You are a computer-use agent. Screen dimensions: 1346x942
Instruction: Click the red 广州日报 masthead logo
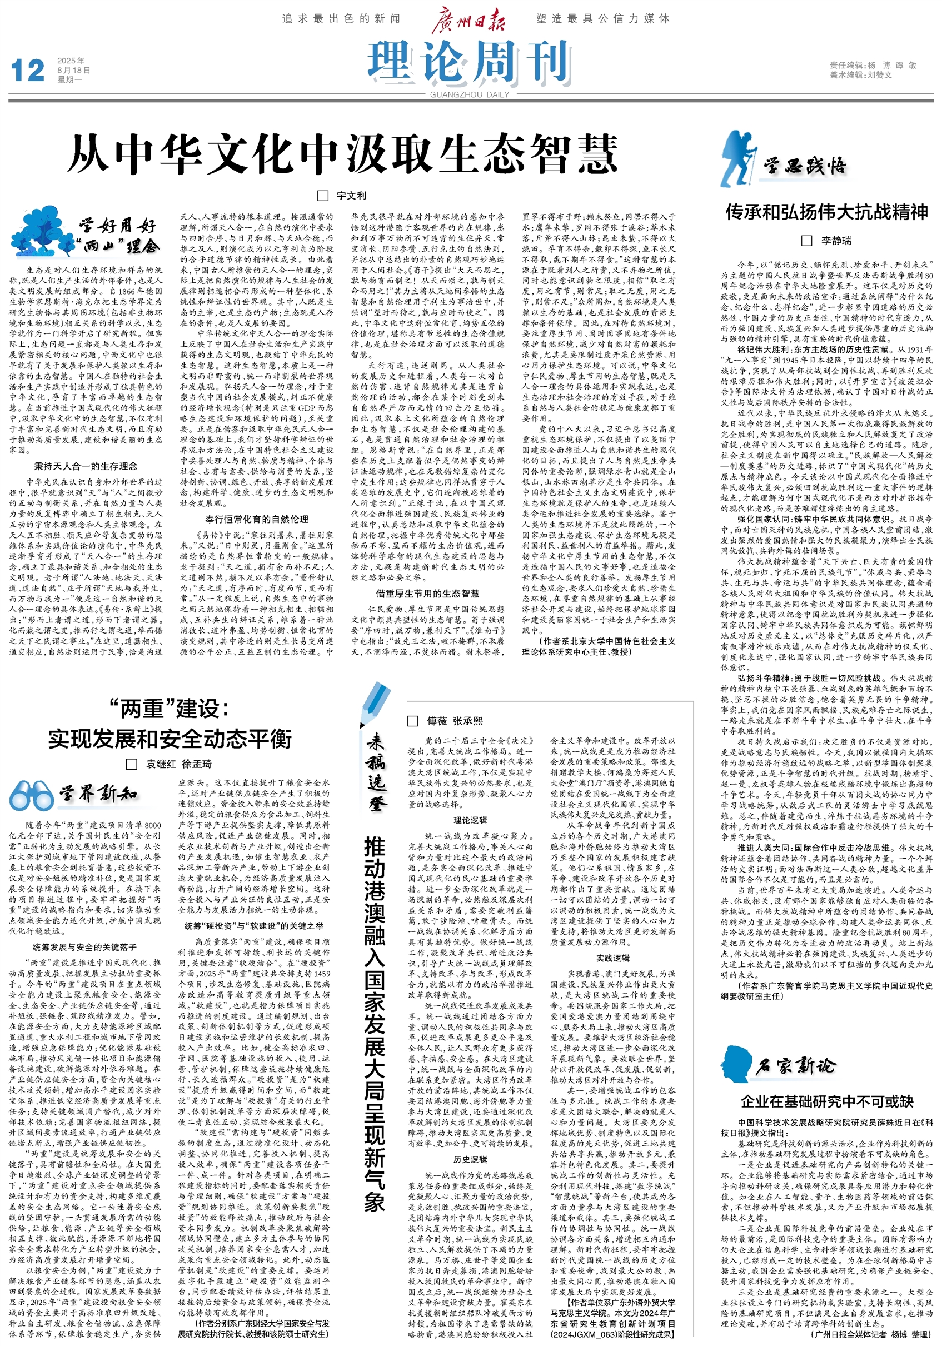[x=468, y=20]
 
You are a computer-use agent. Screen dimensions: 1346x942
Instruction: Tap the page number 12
[x=28, y=71]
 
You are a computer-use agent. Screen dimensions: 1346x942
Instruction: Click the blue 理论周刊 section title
[x=469, y=62]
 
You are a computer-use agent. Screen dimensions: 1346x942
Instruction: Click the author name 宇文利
[x=351, y=195]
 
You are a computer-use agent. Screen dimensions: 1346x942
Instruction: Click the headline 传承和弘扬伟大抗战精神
[x=826, y=212]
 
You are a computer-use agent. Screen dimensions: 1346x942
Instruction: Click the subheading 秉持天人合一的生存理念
[x=86, y=466]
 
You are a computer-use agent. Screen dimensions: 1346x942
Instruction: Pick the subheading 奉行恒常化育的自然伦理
[x=257, y=519]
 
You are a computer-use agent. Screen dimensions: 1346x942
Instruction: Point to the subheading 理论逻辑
[x=470, y=820]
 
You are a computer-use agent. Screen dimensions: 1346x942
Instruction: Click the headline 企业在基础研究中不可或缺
[x=826, y=1101]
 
